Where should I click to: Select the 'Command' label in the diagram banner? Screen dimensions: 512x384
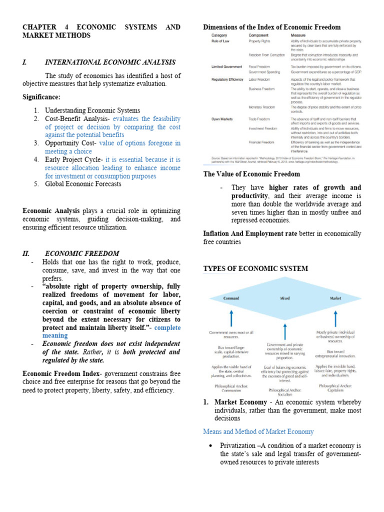[x=231, y=298]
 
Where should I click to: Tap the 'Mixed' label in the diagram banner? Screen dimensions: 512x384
[x=284, y=298]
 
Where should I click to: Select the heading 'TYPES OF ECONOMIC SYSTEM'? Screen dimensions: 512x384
[x=255, y=268]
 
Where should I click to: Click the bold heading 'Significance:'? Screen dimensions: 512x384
[x=41, y=96]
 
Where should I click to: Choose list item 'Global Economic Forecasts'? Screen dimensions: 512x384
[x=83, y=184]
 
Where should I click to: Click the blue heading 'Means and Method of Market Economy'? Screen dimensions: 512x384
[x=258, y=431]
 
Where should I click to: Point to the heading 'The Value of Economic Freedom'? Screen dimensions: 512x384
[x=251, y=174]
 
